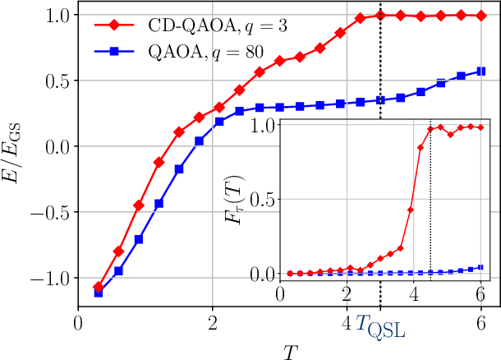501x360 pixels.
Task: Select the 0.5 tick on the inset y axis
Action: tap(266, 199)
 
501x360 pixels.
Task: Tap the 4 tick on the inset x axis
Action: tap(414, 294)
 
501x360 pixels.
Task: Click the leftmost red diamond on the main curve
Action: tap(99, 287)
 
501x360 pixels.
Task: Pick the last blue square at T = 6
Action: tap(481, 72)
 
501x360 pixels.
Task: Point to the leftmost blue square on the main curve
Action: tap(99, 293)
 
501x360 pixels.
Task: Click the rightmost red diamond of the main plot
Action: tap(481, 15)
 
